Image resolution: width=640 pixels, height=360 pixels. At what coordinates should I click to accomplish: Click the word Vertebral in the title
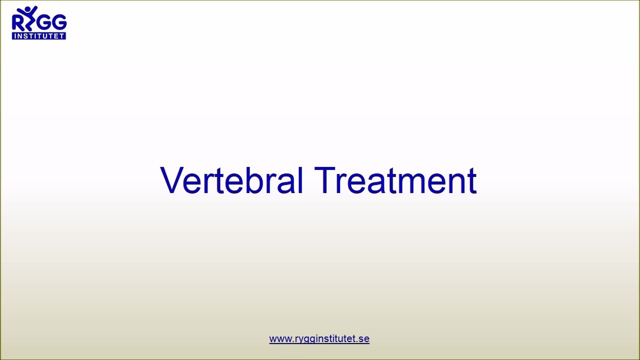231,180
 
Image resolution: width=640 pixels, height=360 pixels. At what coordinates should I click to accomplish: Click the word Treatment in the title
395,180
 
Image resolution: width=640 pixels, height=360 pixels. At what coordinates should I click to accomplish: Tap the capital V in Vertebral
170,180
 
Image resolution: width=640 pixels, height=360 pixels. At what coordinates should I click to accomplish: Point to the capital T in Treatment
325,180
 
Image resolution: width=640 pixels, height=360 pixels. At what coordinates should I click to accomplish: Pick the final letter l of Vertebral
300,180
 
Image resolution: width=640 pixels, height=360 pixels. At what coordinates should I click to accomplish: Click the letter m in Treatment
411,183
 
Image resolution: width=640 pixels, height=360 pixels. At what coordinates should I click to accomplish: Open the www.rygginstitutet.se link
319,339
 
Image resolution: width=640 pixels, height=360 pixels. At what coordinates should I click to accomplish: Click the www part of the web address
280,339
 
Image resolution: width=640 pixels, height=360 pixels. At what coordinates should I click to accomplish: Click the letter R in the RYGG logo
17,23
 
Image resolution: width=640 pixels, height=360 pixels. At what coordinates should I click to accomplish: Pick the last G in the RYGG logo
59,23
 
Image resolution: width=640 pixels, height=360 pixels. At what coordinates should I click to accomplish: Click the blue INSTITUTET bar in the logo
39,36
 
